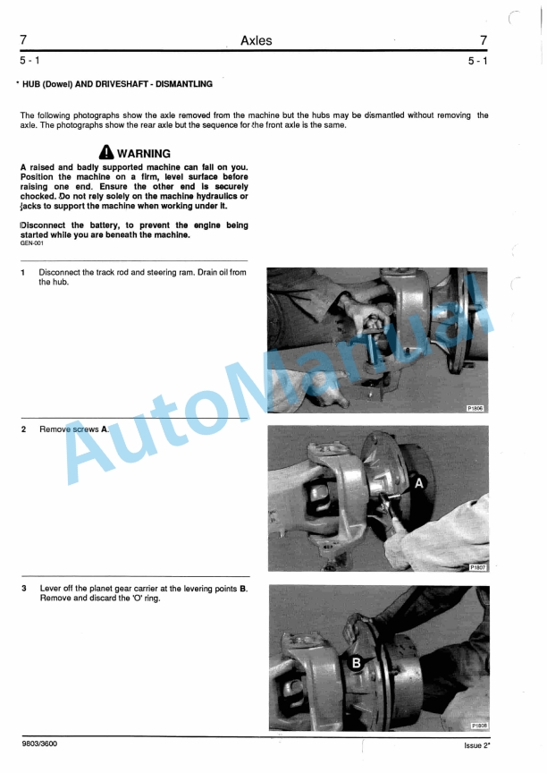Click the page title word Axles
(257, 40)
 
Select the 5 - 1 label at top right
(477, 61)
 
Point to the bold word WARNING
(144, 154)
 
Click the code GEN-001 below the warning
(31, 242)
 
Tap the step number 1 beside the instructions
(23, 273)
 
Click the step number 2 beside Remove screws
(23, 429)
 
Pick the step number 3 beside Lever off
(23, 589)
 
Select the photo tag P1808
(480, 726)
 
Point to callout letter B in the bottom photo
(355, 664)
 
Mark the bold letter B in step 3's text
(243, 589)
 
